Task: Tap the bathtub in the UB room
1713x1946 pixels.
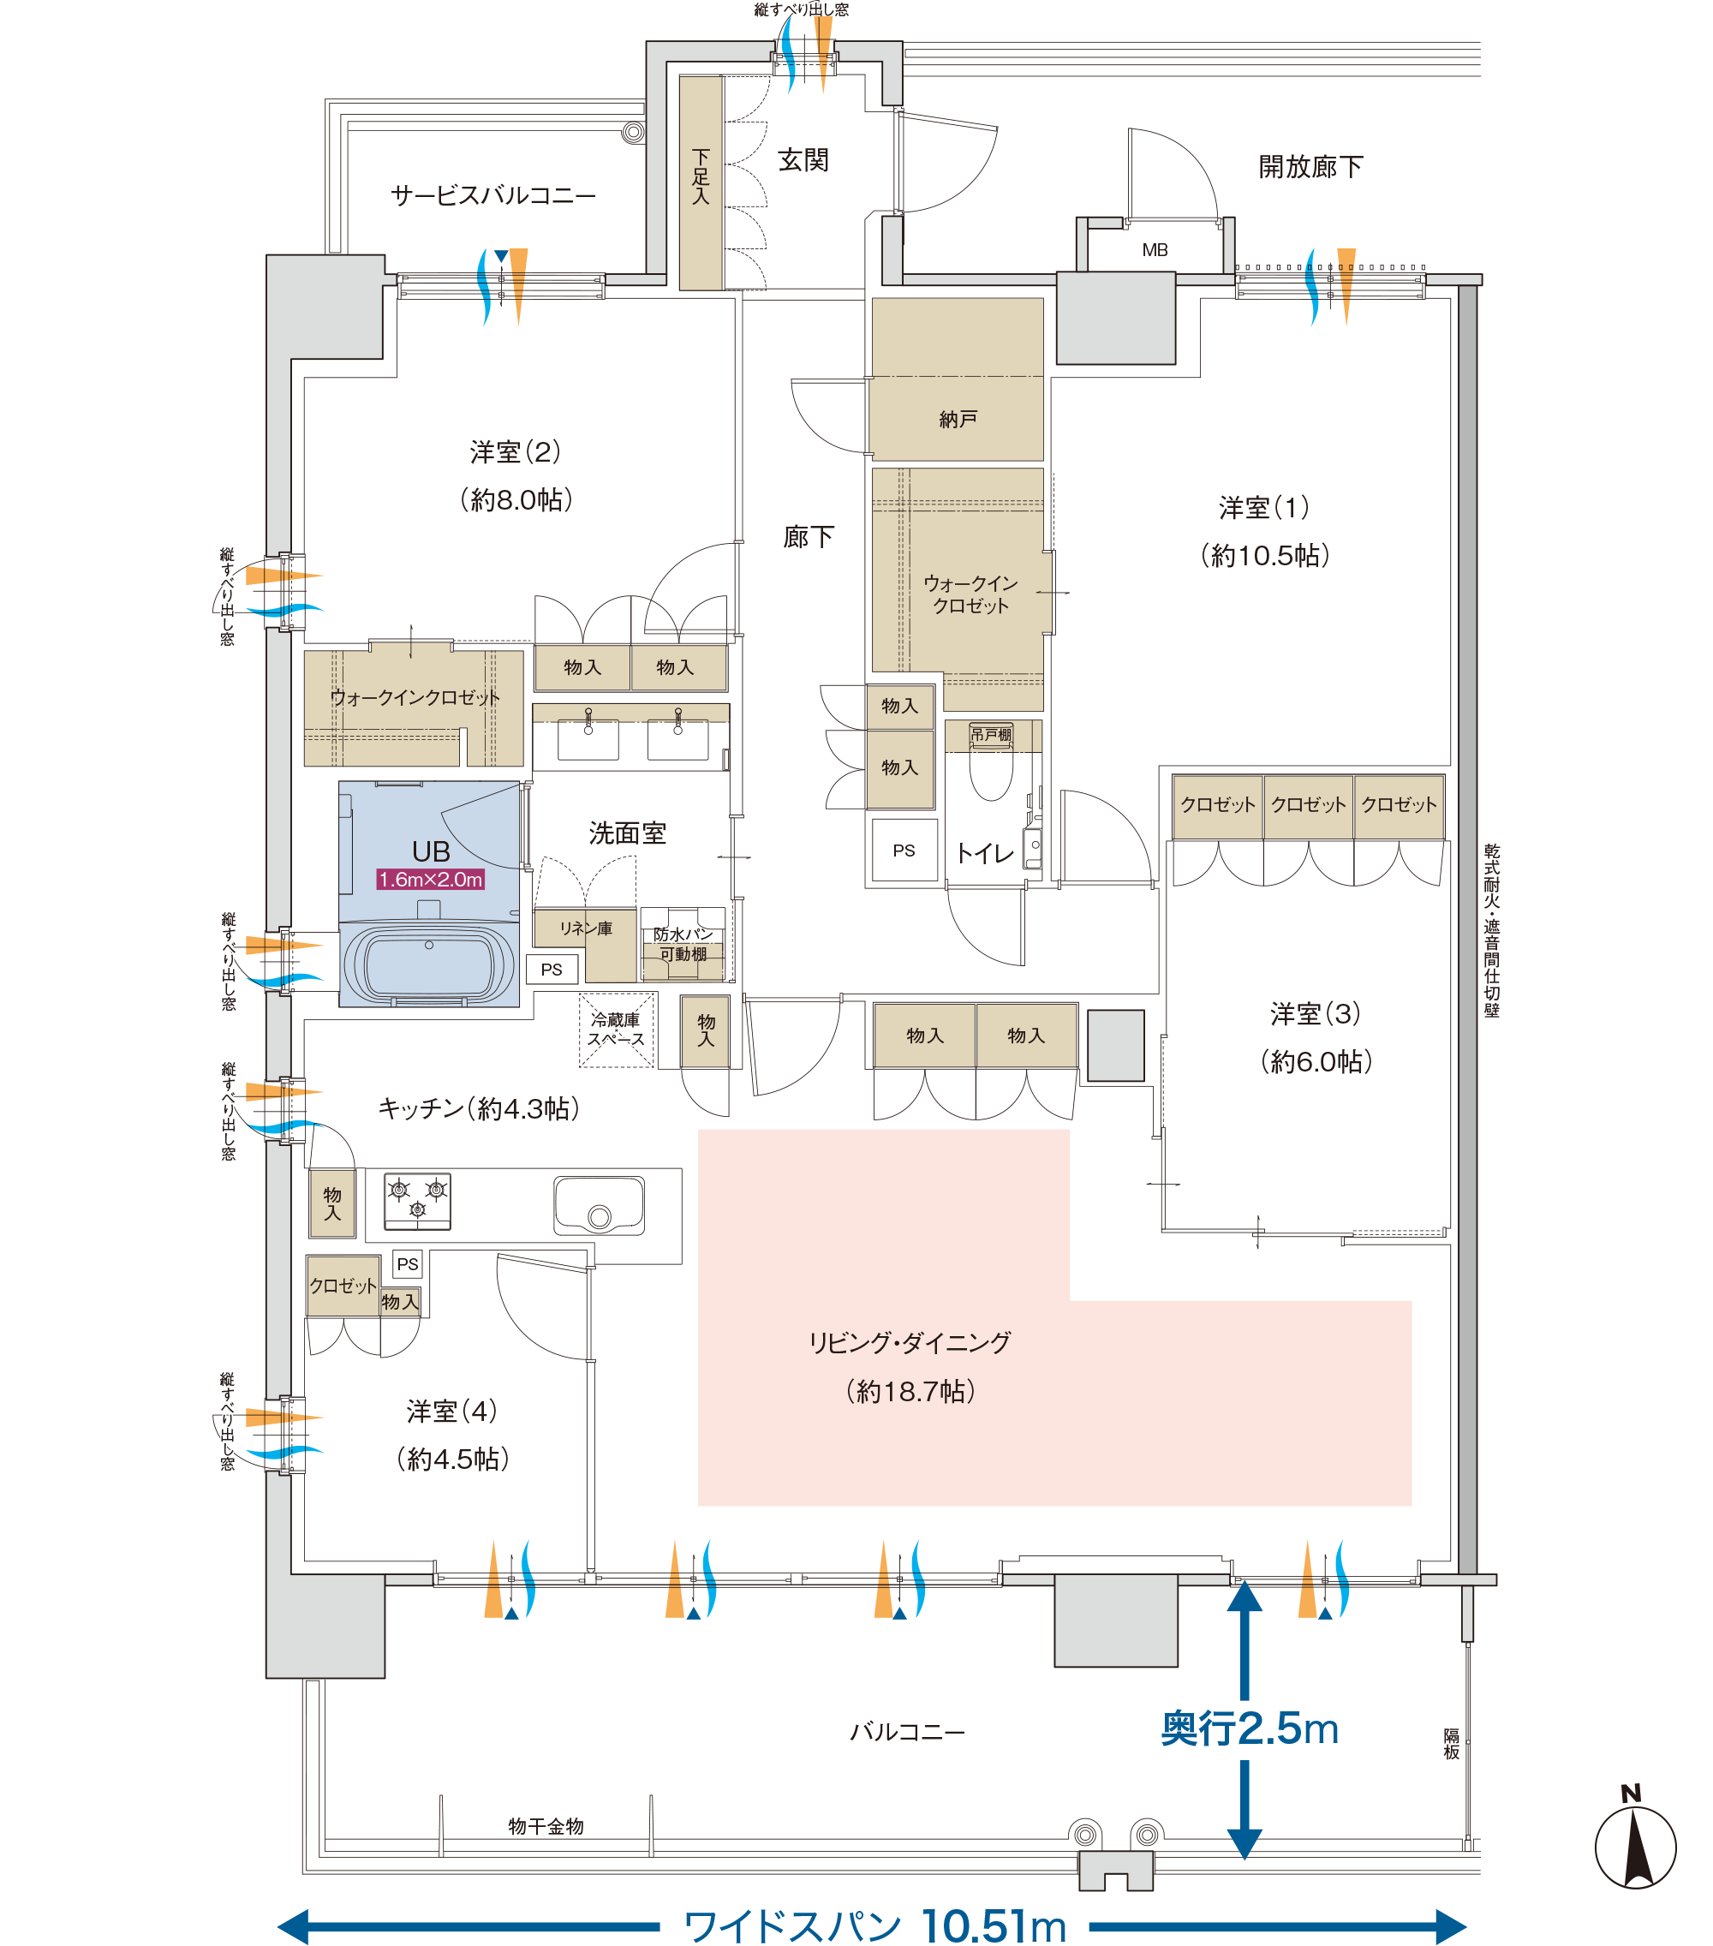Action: (x=428, y=964)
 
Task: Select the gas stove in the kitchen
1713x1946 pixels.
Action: (x=417, y=1202)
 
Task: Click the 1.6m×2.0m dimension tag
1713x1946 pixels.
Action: (x=431, y=880)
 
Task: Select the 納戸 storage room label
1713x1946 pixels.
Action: (x=958, y=419)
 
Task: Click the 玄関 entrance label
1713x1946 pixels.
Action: (x=803, y=160)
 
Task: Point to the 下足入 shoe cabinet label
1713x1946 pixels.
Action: (x=701, y=176)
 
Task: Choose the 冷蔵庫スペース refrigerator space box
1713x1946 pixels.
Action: (x=617, y=1030)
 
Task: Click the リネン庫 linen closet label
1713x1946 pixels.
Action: (x=586, y=928)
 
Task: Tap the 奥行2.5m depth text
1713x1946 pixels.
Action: (x=1250, y=1728)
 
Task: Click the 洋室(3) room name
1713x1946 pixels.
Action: (x=1315, y=1014)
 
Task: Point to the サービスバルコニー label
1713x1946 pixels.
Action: (x=493, y=196)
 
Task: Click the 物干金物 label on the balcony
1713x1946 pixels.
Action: (x=546, y=1826)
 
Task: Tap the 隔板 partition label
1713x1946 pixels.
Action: (x=1451, y=1743)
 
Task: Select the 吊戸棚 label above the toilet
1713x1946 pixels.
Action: (x=990, y=735)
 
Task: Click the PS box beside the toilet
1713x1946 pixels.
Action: (x=904, y=851)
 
